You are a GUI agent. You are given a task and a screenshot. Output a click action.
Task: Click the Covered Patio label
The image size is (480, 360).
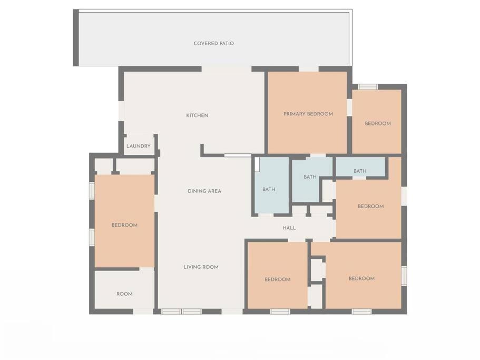click(214, 43)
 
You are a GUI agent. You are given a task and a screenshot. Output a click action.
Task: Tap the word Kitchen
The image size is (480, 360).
click(197, 115)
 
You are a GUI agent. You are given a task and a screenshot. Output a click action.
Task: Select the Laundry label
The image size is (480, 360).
click(139, 146)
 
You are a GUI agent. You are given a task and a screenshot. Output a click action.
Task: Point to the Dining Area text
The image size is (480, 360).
click(204, 191)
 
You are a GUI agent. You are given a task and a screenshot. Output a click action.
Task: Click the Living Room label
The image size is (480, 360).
click(201, 267)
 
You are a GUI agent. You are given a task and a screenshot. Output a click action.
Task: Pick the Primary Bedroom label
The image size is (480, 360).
click(308, 114)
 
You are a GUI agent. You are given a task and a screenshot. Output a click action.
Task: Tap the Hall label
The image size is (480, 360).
click(289, 228)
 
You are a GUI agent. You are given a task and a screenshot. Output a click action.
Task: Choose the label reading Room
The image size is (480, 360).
click(124, 294)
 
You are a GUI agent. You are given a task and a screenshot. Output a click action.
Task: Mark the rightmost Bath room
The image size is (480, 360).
click(360, 167)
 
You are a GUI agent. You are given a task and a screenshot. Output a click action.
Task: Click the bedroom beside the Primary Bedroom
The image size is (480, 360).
click(377, 122)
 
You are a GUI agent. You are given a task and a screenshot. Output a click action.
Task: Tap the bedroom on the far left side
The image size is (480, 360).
click(124, 221)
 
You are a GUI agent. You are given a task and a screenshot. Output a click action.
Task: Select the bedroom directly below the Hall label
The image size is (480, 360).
click(277, 275)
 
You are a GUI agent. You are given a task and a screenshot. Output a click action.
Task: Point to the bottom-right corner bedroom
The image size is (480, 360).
click(364, 275)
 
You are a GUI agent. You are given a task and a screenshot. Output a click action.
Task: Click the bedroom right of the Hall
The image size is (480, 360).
click(369, 208)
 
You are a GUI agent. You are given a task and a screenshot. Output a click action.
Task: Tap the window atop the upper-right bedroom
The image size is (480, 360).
click(368, 87)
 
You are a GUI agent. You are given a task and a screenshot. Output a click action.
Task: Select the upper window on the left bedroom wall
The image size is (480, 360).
click(92, 190)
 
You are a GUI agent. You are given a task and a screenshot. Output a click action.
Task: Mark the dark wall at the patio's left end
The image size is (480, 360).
click(76, 37)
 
